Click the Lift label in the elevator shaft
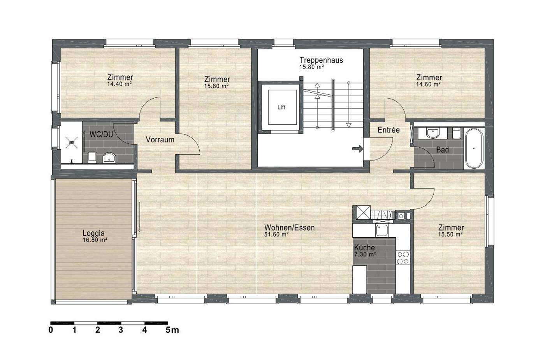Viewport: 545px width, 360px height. click(x=281, y=107)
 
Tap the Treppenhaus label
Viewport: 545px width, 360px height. click(x=321, y=60)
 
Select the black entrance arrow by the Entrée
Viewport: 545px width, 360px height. click(x=358, y=148)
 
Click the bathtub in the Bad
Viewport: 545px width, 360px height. click(x=474, y=148)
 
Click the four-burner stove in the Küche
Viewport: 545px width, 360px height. click(x=403, y=258)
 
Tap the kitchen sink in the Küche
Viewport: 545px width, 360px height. click(x=382, y=230)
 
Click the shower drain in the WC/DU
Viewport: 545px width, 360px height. click(x=72, y=143)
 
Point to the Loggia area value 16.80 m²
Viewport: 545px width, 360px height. click(x=95, y=240)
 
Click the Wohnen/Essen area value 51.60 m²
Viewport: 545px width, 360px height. click(x=276, y=235)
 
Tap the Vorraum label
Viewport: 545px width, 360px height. click(x=160, y=139)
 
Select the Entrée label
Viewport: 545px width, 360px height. click(x=389, y=130)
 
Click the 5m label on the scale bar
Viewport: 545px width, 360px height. click(x=172, y=330)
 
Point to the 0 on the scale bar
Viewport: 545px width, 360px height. click(x=51, y=330)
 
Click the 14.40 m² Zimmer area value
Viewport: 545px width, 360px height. click(x=120, y=84)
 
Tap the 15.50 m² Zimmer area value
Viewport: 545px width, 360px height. click(x=450, y=234)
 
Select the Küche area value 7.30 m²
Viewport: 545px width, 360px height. click(x=365, y=254)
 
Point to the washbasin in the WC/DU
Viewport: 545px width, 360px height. click(x=109, y=157)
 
